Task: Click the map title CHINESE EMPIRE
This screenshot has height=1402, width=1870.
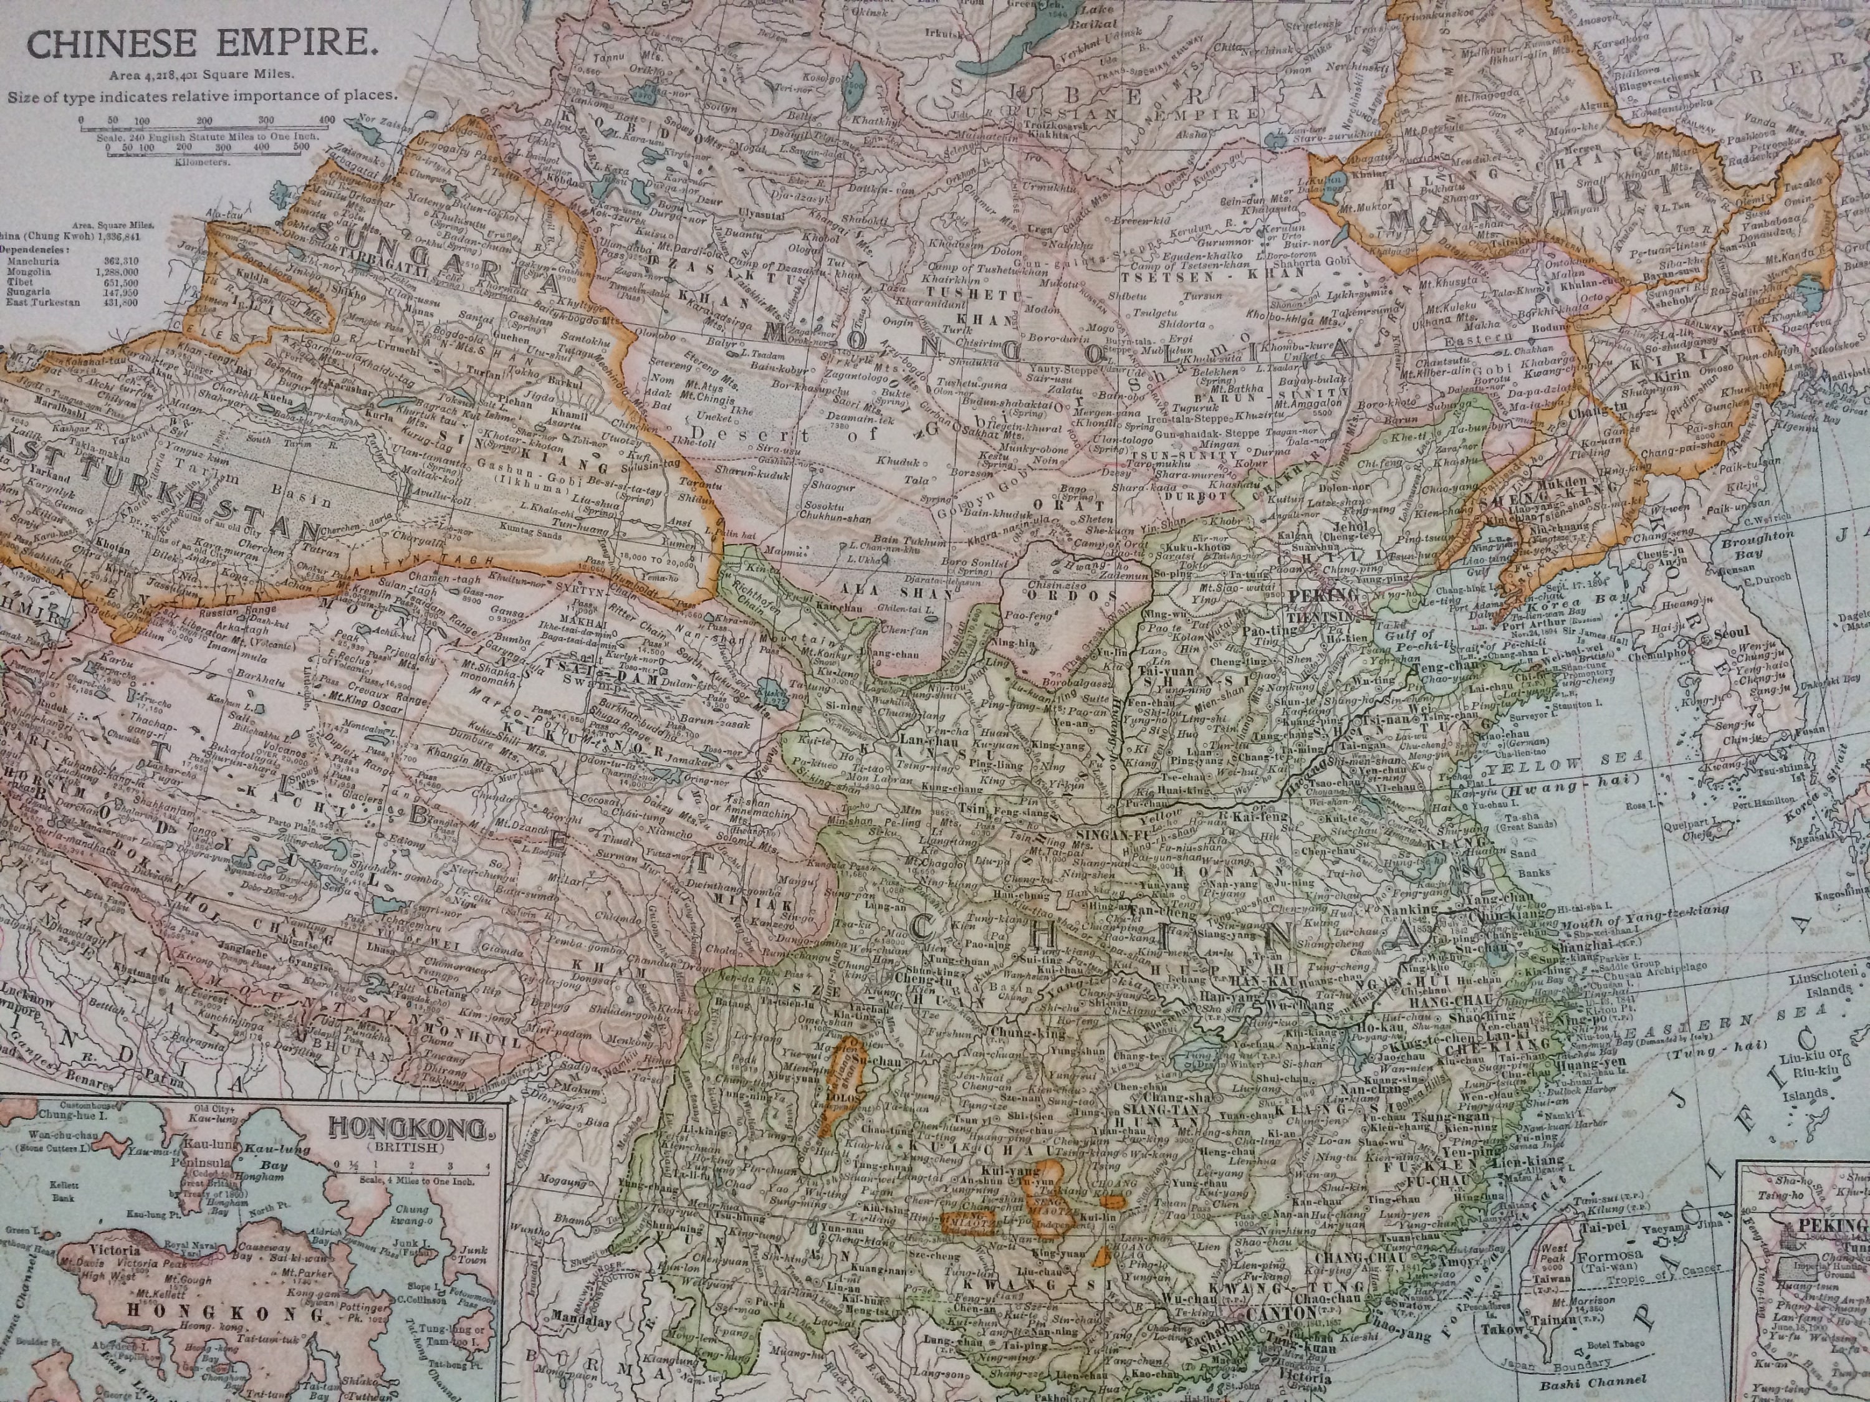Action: (x=202, y=45)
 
